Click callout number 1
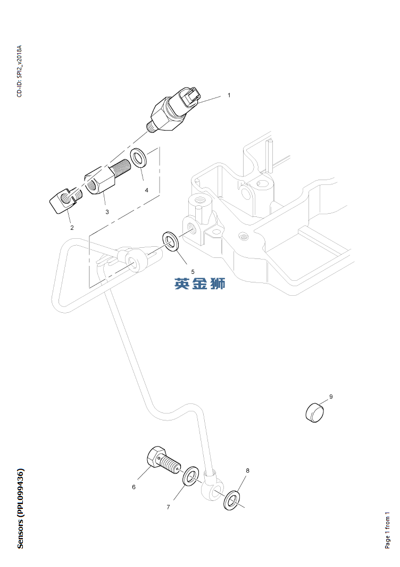[229, 95]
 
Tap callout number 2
[72, 228]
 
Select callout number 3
[107, 212]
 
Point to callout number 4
[146, 190]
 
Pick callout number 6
[134, 487]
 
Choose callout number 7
[168, 507]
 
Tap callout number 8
[247, 471]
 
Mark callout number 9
[330, 396]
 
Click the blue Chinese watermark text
[200, 283]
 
